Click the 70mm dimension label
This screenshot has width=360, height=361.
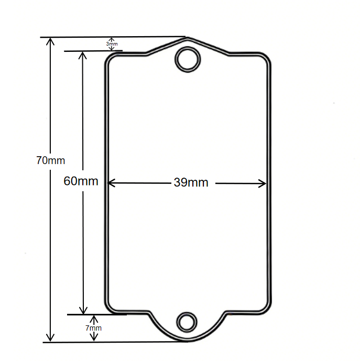(50, 160)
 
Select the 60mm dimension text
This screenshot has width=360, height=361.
(81, 181)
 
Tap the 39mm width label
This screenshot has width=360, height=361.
(191, 183)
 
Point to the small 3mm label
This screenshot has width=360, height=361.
(112, 44)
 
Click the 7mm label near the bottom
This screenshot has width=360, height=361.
(93, 328)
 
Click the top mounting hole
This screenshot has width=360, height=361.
(188, 59)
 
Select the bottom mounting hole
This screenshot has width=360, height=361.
(187, 321)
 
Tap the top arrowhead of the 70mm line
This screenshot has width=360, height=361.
(51, 41)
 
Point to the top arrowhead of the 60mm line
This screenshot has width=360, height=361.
(83, 55)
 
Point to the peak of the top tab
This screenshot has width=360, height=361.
(187, 38)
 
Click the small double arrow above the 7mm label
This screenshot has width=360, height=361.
(94, 320)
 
